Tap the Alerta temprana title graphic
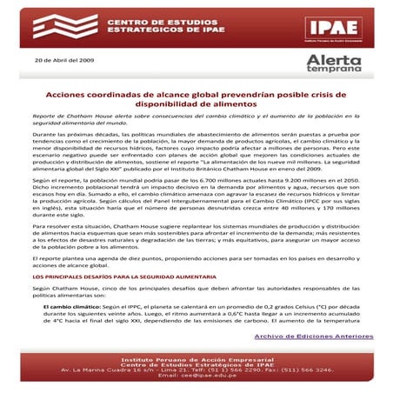334,63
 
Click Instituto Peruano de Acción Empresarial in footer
196,358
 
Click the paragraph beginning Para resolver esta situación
196,235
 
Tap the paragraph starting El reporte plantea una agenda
196,262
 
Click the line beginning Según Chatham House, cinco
196,291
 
